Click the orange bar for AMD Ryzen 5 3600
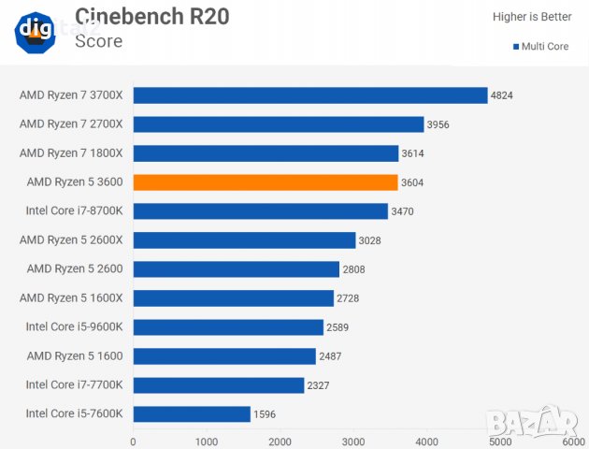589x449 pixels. coord(266,182)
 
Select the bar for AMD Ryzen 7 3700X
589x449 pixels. coord(310,95)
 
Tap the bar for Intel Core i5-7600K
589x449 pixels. coord(192,413)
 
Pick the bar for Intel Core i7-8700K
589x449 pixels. coord(261,211)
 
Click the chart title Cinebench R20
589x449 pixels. coord(151,16)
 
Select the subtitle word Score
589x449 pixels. coord(99,41)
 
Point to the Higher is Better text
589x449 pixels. coord(532,17)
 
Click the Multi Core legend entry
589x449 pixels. coord(542,45)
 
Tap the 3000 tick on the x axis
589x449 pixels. coord(353,441)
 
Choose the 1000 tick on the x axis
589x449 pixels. coord(207,441)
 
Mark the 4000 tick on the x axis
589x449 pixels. coord(427,441)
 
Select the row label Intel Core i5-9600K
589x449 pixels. coord(80,327)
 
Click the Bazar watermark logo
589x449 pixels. coord(544,425)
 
